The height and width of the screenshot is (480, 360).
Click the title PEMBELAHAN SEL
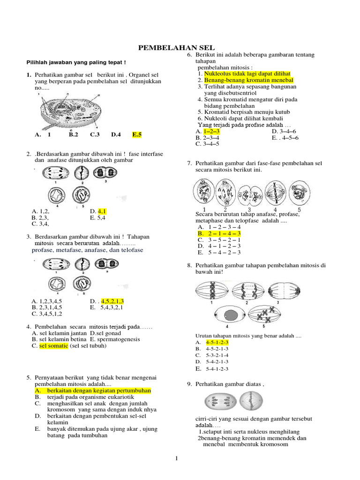pyautogui.click(x=176, y=48)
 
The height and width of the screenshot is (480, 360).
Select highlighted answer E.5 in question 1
pyautogui.click(x=137, y=135)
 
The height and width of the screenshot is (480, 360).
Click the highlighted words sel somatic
pyautogui.click(x=53, y=345)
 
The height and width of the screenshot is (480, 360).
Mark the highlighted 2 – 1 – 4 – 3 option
pyautogui.click(x=219, y=233)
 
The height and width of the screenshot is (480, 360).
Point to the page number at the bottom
pyautogui.click(x=177, y=458)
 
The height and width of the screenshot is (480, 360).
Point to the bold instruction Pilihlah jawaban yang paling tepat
pyautogui.click(x=75, y=62)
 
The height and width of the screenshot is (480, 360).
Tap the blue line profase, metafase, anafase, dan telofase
pyautogui.click(x=87, y=250)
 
